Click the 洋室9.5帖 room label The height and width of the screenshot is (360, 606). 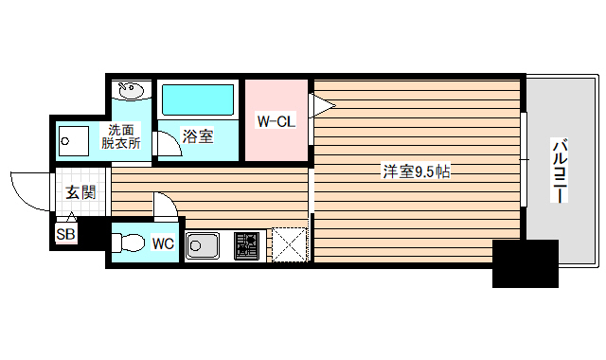[416, 172]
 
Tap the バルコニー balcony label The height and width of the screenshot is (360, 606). [560, 171]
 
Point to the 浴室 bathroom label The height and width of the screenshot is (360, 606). [198, 136]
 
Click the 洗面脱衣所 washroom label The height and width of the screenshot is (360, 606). [122, 137]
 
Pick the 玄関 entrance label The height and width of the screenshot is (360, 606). [80, 192]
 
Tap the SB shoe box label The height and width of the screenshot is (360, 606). [65, 234]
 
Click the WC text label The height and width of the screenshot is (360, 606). [163, 243]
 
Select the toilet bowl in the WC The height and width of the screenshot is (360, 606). [130, 242]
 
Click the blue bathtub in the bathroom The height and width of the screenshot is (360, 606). [198, 100]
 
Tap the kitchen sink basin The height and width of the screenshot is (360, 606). [203, 246]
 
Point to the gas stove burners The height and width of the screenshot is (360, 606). [248, 245]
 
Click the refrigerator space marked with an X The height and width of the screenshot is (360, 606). [290, 244]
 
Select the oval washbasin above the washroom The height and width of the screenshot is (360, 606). [131, 92]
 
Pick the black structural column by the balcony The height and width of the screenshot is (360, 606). [524, 263]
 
